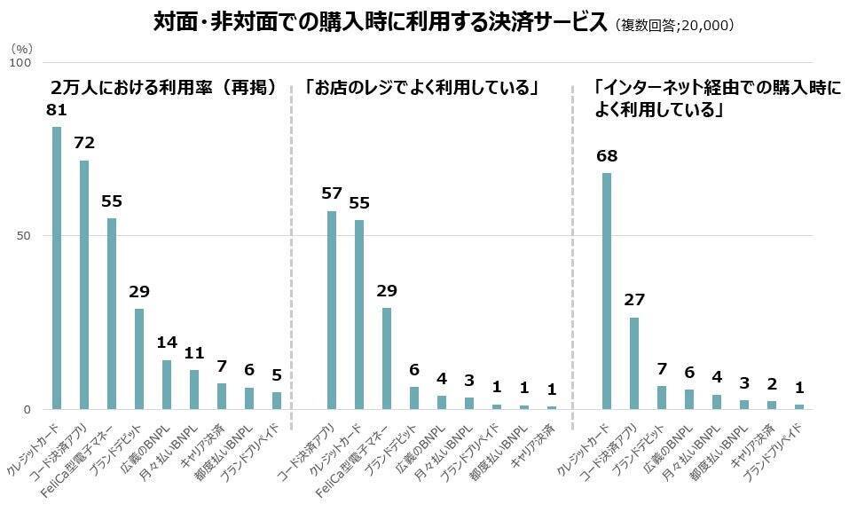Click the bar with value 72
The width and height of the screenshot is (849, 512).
(84, 284)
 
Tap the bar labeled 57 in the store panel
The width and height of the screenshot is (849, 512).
(332, 310)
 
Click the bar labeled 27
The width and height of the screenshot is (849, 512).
(634, 363)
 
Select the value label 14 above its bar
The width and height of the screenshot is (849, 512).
(166, 343)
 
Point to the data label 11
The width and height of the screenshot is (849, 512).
(193, 352)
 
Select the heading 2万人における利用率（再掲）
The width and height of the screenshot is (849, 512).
(164, 88)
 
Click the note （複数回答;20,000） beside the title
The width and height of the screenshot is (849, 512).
(673, 26)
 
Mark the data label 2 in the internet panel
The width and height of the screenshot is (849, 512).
(771, 384)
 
